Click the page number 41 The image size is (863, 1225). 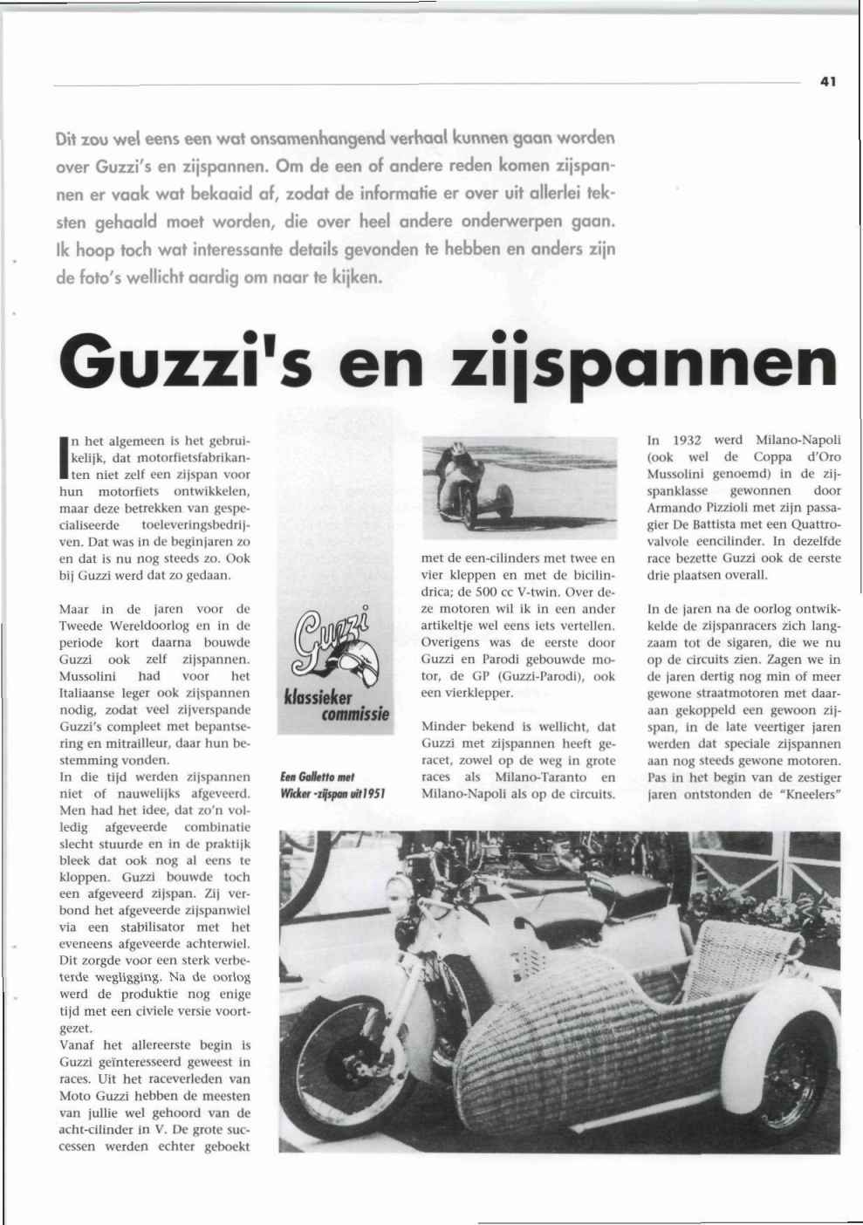tap(828, 81)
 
